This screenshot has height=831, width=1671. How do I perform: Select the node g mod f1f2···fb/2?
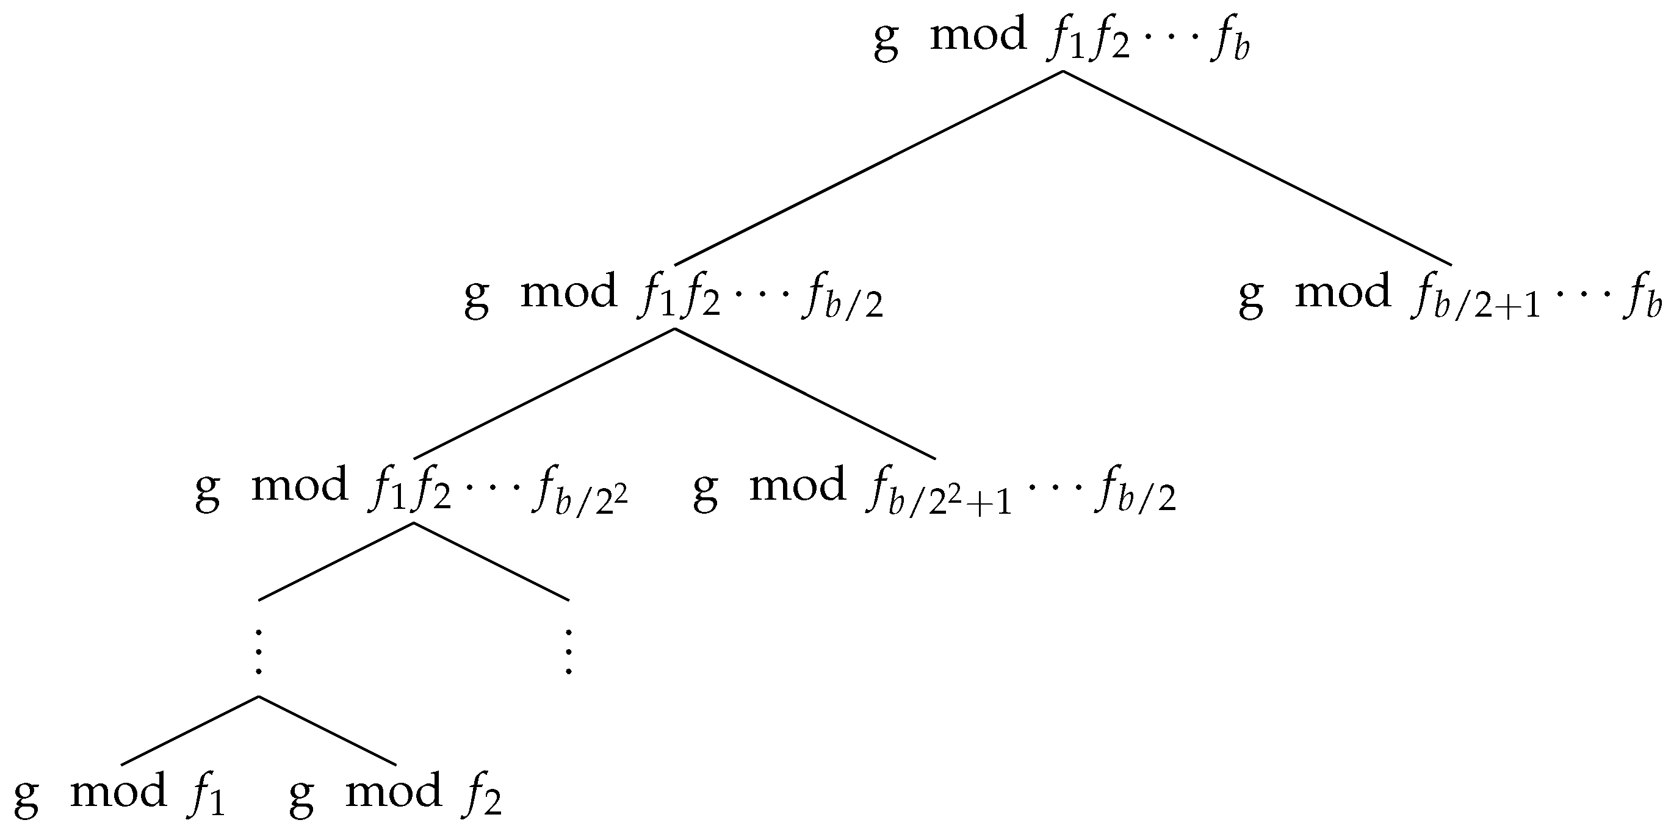pyautogui.click(x=673, y=296)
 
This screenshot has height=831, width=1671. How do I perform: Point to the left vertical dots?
pyautogui.click(x=259, y=651)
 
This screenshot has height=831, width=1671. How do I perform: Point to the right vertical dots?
pyautogui.click(x=569, y=651)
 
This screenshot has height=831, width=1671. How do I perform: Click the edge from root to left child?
pyautogui.click(x=868, y=168)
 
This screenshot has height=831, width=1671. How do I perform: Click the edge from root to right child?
pyautogui.click(x=1257, y=168)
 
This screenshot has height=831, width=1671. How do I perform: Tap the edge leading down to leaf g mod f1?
pyautogui.click(x=189, y=730)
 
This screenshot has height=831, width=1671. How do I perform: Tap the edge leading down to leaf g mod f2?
pyautogui.click(x=328, y=730)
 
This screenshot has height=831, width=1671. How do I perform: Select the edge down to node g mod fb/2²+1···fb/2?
pyautogui.click(x=804, y=394)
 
